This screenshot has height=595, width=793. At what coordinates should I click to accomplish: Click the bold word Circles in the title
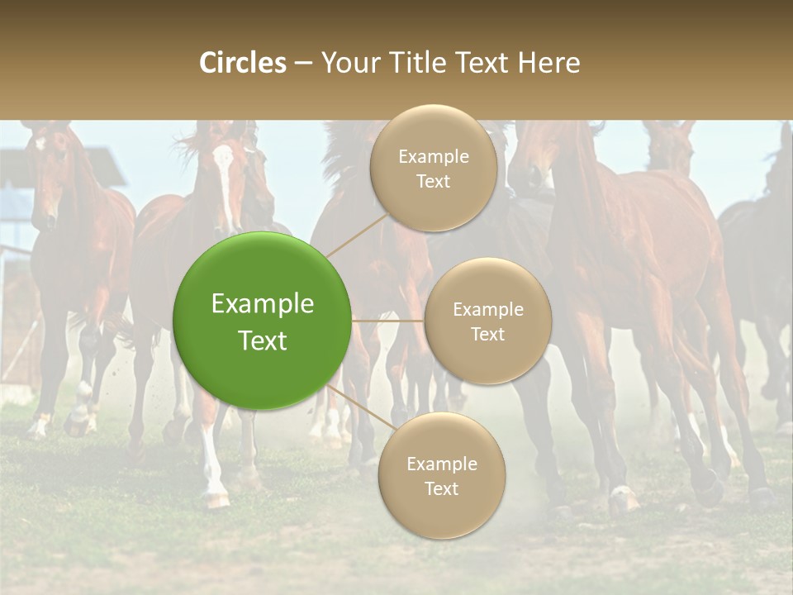click(243, 63)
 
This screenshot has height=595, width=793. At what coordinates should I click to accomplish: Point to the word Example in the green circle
click(263, 304)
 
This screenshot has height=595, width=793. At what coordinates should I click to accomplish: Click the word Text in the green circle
click(263, 340)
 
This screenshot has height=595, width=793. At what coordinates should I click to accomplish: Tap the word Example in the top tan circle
click(434, 157)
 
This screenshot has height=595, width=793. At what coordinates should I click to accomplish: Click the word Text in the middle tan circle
click(487, 334)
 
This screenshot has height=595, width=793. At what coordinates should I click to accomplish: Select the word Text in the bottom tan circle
click(441, 488)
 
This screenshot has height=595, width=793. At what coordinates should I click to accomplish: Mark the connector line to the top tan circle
click(357, 235)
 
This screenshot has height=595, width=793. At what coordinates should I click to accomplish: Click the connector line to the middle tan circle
click(387, 321)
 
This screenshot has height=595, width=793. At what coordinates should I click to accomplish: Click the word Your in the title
click(348, 63)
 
